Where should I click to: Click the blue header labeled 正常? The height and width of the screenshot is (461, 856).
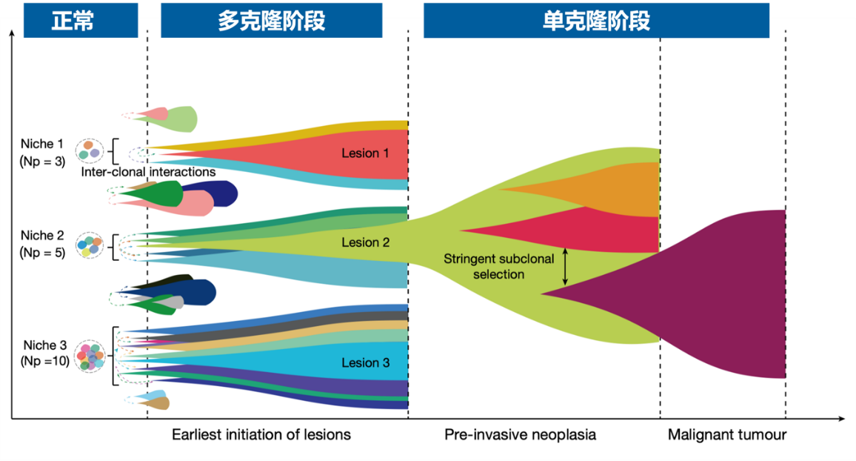(81, 20)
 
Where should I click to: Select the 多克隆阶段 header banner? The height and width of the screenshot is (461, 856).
(271, 20)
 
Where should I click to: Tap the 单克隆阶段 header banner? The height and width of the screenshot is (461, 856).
(596, 20)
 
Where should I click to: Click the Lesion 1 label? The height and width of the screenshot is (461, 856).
(365, 153)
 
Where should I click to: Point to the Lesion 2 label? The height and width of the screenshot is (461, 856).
(365, 242)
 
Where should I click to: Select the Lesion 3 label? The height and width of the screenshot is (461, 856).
(365, 362)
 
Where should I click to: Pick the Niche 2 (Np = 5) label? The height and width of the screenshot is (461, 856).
(41, 244)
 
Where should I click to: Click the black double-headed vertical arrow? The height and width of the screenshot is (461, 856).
(565, 267)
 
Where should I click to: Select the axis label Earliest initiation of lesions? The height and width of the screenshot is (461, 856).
(261, 434)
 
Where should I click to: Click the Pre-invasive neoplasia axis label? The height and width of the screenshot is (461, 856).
(520, 434)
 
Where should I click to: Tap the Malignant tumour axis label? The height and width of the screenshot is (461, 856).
(726, 434)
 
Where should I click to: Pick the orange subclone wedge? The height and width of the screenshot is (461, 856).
(629, 189)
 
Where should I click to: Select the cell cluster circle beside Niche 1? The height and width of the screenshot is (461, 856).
(90, 150)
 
